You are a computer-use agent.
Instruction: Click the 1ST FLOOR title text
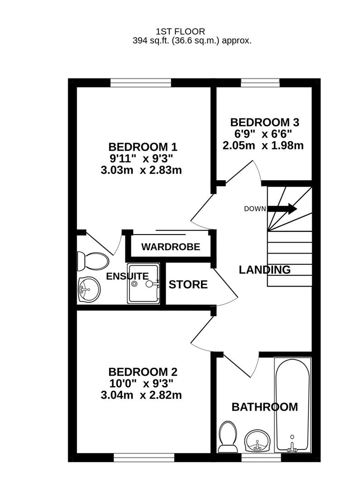(x=180, y=31)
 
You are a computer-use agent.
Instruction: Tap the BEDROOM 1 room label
(x=143, y=147)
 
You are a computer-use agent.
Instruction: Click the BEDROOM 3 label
(x=264, y=122)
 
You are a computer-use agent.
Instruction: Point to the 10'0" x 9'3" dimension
(x=141, y=384)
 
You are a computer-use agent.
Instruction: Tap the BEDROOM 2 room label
(x=143, y=372)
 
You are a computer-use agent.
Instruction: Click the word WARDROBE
(x=170, y=247)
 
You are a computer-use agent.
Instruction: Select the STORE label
(x=188, y=285)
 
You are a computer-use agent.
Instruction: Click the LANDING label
(x=264, y=270)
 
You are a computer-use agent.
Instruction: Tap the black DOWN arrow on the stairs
(x=283, y=209)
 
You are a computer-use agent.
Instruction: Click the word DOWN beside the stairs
(x=254, y=209)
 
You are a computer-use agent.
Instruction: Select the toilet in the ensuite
(x=92, y=260)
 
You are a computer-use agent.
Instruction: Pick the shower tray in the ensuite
(x=143, y=284)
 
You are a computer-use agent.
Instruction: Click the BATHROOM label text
(x=264, y=407)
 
